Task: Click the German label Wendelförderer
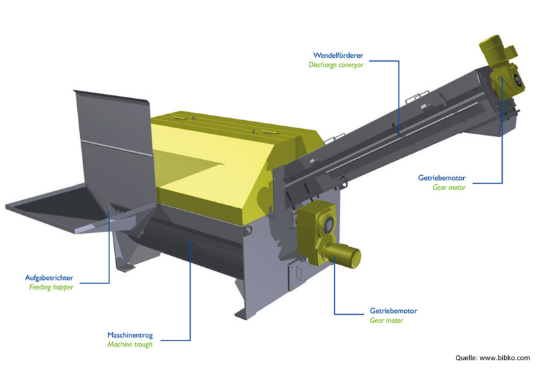coord(338,55)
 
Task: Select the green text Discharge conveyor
coord(336,64)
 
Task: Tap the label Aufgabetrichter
coord(49,277)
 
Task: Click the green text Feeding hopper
coord(51,287)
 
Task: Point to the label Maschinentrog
coord(130,335)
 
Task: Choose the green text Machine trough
coord(130,344)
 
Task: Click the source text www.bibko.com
coord(505,358)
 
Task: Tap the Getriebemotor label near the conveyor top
coord(442,178)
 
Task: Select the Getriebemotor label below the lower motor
coord(393,311)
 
